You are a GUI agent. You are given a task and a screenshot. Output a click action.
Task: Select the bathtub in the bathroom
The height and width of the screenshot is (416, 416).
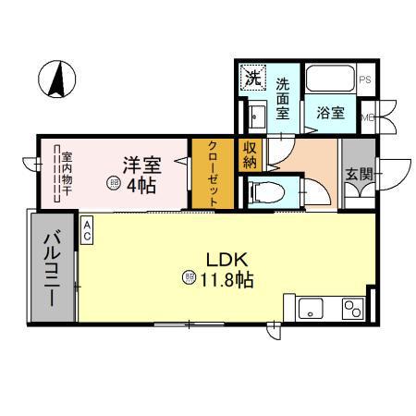pos(329,79)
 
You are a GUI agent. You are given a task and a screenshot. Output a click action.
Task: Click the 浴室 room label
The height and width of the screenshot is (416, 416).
pos(330,114)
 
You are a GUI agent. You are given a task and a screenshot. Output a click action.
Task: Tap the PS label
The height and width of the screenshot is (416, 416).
pos(365,80)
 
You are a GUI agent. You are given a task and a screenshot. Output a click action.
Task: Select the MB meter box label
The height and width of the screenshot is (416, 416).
pos(367,117)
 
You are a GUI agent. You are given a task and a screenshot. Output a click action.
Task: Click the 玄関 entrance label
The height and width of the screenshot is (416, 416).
pos(359,174)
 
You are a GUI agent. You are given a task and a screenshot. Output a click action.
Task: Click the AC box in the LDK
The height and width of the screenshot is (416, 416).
pos(87,229)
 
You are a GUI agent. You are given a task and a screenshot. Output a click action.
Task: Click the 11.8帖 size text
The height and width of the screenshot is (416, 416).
pos(225,277)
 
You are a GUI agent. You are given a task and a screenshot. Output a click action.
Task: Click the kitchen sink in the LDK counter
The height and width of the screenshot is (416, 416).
pos(308,308)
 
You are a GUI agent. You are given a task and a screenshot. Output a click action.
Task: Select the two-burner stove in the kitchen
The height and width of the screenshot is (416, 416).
pos(351,308)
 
